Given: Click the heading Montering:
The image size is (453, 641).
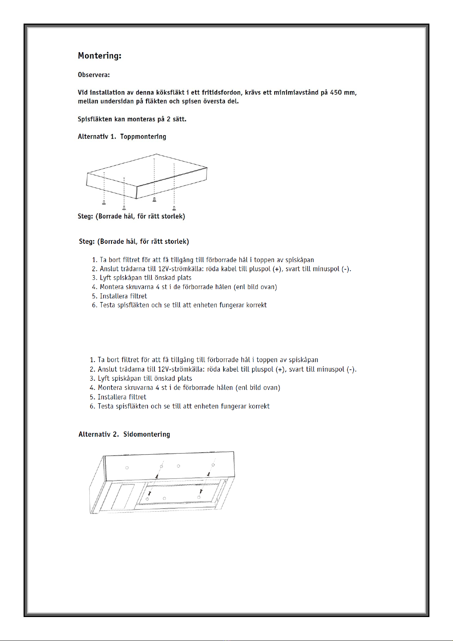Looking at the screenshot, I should coord(99,56).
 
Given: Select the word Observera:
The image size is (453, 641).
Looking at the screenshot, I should coord(94,75).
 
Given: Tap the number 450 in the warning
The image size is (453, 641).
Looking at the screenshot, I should coord(336,92).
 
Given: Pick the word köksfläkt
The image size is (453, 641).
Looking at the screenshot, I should coord(170,92).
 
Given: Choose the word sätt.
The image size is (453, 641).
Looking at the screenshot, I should coord(179,119).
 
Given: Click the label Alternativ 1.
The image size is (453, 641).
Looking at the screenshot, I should coord(97,137).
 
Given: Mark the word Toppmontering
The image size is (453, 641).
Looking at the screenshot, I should coord(143,137).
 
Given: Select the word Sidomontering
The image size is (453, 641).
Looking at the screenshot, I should coord(146,434).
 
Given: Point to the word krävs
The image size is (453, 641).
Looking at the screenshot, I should coord(253,92).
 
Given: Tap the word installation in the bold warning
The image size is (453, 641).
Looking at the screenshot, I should coord(107,92).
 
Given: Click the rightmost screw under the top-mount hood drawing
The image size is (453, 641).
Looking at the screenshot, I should coord(174,208).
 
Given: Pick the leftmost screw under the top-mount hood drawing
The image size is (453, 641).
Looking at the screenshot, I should coord(104,202).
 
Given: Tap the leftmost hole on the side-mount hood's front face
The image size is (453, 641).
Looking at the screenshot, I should coord(127,468).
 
